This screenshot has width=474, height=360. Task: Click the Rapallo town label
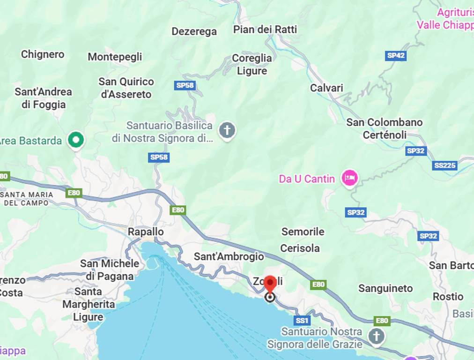click(x=146, y=232)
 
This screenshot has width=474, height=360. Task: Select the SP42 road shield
click(x=396, y=55)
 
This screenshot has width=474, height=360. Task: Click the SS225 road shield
click(x=444, y=165)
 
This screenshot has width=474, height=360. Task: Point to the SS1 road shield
click(x=302, y=321)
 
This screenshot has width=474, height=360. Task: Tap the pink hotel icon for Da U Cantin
click(x=349, y=178)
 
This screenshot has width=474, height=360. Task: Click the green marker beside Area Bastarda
click(x=75, y=140)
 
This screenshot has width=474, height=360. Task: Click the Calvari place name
click(x=326, y=88)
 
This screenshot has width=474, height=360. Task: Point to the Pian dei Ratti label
click(x=265, y=30)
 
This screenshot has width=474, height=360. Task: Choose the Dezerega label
click(x=194, y=31)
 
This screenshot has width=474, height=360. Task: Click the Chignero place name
click(x=43, y=54)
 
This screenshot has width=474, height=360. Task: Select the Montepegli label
click(x=115, y=57)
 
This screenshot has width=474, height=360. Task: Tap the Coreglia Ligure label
click(x=252, y=65)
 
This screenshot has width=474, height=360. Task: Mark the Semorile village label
click(x=303, y=232)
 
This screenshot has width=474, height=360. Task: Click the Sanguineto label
click(x=385, y=288)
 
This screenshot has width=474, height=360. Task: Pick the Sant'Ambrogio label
click(x=229, y=257)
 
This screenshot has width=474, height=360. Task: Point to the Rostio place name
click(x=448, y=297)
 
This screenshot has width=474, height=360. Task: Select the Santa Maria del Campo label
click(x=27, y=199)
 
